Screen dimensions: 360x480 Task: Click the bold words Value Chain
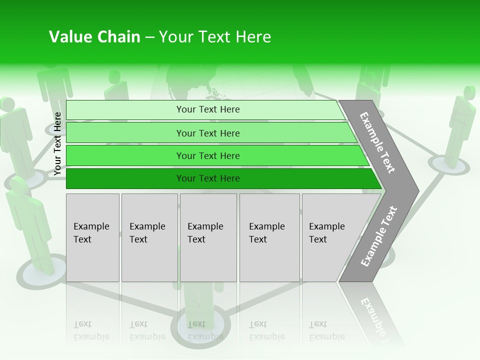[94, 37]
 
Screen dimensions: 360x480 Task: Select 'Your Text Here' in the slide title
[215, 37]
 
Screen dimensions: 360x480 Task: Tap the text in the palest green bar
[208, 109]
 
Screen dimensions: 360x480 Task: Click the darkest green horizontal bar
[208, 178]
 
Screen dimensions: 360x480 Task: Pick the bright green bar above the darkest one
[208, 156]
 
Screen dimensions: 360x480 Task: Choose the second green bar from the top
[208, 133]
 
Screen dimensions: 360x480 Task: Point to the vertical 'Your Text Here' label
[57, 144]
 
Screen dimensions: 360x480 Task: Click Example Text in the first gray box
[91, 233]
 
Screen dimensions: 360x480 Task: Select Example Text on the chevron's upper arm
[377, 143]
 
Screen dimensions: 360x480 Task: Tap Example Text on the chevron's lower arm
[378, 236]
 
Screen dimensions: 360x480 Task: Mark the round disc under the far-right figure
[449, 165]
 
